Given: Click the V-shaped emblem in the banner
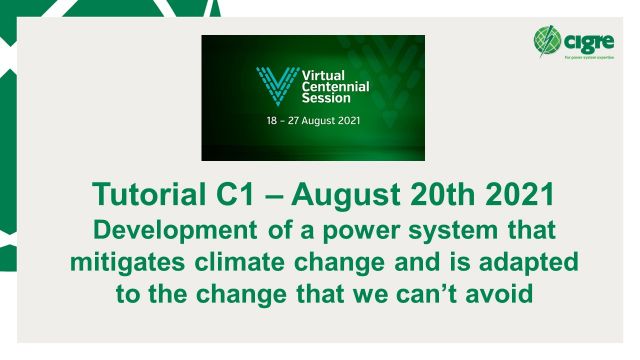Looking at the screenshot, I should click(x=270, y=85).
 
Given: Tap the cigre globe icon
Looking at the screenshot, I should click(x=549, y=41).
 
